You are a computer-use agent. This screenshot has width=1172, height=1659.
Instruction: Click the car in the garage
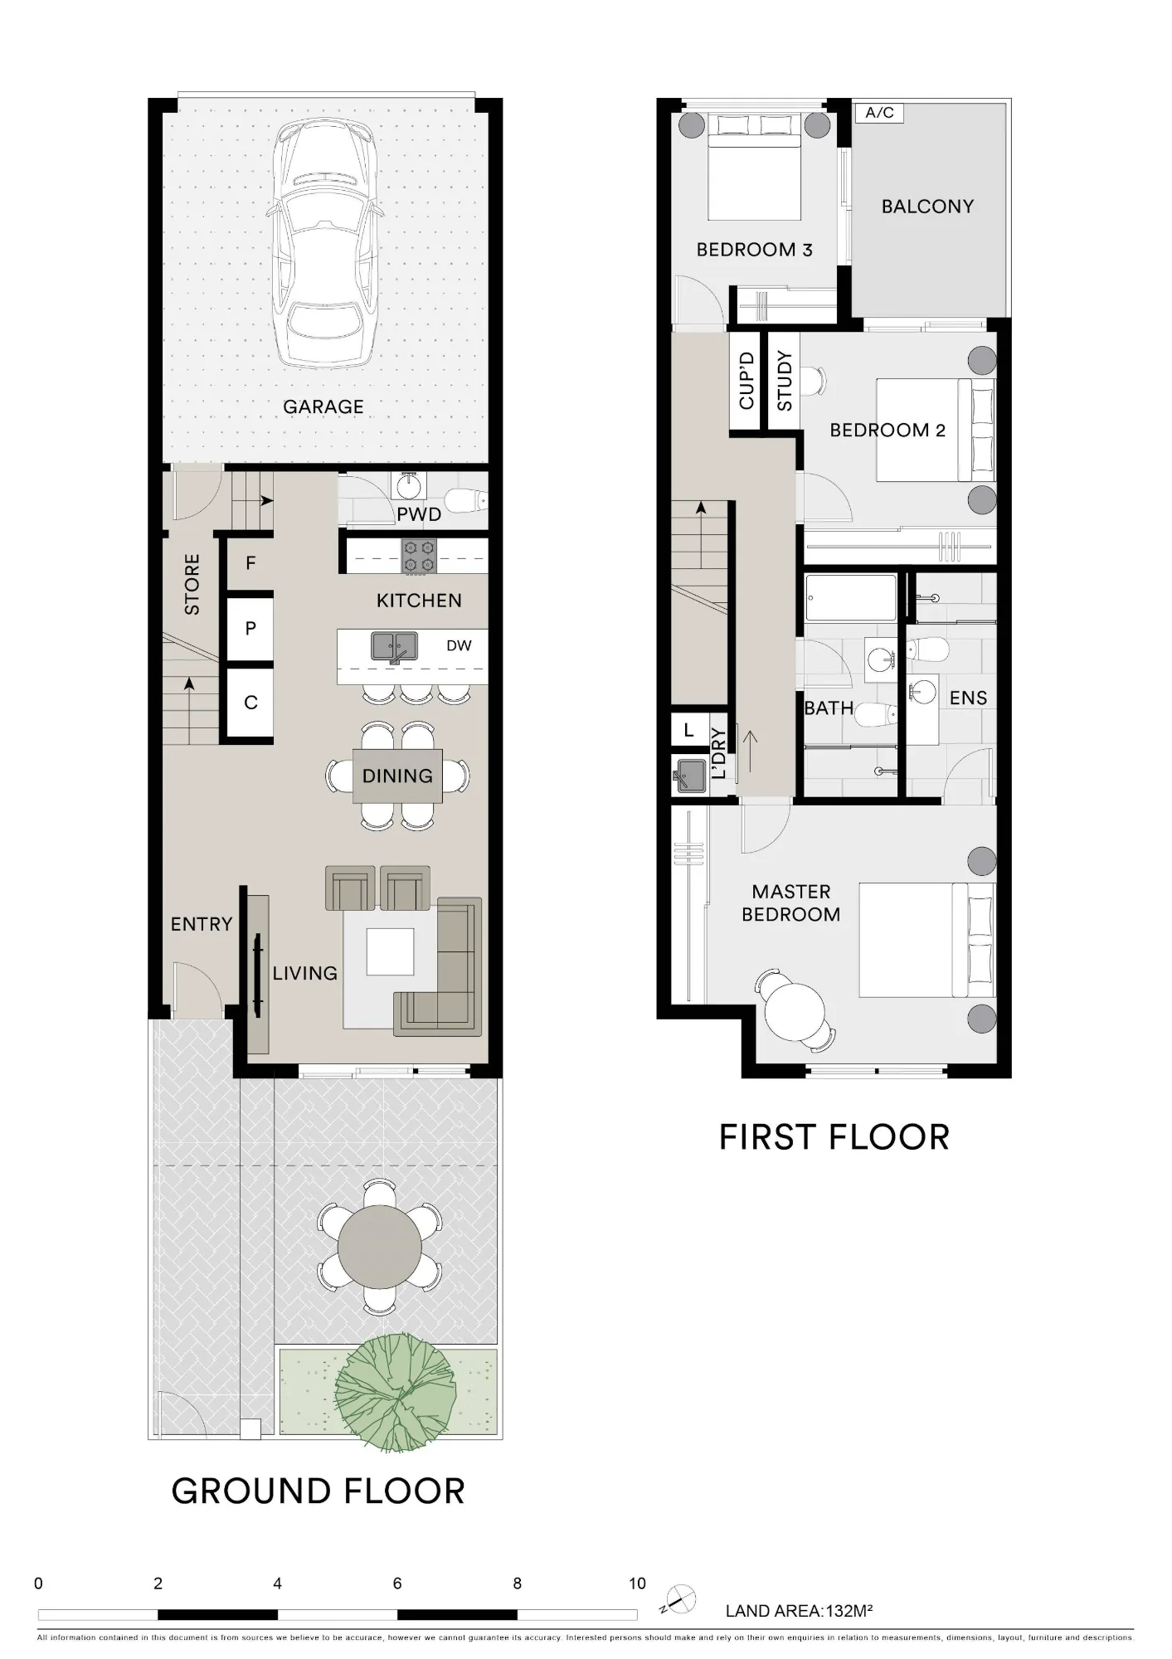(324, 242)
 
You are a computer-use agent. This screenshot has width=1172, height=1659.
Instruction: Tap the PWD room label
(419, 514)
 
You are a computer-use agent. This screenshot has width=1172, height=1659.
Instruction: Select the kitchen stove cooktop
(420, 556)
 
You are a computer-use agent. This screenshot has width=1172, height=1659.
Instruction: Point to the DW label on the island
(459, 645)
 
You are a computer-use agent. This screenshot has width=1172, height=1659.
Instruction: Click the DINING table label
(397, 776)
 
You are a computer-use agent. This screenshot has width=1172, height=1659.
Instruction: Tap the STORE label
(192, 585)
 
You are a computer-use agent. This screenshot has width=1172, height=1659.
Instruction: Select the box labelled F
(250, 563)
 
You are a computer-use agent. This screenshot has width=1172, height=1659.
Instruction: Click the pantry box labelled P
(250, 629)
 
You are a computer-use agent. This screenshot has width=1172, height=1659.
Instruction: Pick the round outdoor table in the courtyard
(380, 1247)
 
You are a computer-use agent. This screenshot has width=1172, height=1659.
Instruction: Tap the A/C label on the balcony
(879, 112)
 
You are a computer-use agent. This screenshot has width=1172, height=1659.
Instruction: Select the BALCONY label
(927, 207)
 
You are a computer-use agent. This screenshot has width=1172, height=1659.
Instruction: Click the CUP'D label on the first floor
(746, 381)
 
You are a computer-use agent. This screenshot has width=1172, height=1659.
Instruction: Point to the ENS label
(968, 698)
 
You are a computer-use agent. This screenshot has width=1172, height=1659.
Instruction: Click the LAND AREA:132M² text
(799, 1612)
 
